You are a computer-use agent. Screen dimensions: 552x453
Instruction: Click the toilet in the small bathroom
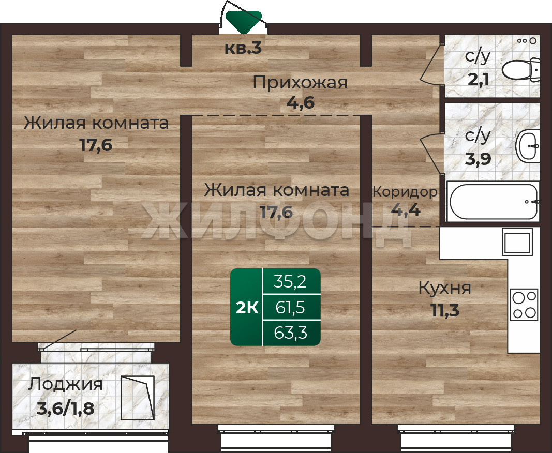520,70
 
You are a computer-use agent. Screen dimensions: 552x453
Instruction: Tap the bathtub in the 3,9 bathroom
493,201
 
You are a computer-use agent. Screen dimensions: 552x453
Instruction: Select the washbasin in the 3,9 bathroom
528,146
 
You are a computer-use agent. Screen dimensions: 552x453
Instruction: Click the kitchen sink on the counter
517,241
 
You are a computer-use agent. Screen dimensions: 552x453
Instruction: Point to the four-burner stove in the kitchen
524,305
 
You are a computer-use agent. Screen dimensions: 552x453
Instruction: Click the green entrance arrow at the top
244,22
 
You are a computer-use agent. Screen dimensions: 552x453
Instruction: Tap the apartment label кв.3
243,49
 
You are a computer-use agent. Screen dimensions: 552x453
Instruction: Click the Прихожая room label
300,83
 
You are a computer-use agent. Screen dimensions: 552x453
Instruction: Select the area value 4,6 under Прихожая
300,103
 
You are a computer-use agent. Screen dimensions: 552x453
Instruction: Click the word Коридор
405,192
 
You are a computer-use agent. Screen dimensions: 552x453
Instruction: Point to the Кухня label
445,288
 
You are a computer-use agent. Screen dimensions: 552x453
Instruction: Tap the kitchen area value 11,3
445,311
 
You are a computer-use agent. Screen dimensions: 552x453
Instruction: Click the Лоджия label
66,384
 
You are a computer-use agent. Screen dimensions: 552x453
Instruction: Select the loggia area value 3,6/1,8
66,409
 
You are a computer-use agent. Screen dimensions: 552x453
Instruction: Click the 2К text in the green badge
247,308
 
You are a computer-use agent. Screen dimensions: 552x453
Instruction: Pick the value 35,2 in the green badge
290,282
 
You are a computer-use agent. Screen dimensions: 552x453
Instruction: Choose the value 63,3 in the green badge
290,333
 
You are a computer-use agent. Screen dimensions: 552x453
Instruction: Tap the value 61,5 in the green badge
290,308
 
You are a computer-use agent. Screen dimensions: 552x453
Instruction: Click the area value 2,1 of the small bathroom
478,80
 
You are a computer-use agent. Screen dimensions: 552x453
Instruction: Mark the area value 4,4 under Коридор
406,210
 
